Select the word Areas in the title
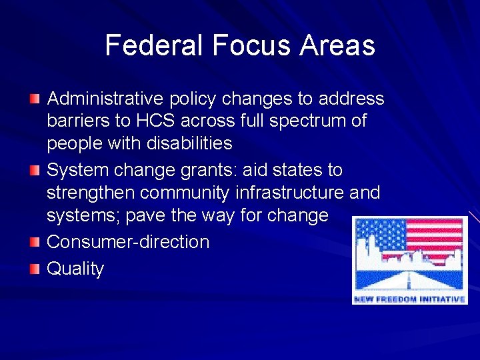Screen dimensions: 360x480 (337, 45)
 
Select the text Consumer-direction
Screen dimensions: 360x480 (128, 241)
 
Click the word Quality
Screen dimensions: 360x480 (75, 269)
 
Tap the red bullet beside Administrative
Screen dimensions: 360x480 (35, 99)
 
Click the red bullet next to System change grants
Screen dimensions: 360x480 (35, 170)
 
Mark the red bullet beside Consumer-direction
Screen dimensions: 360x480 (35, 241)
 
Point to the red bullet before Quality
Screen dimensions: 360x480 (35, 269)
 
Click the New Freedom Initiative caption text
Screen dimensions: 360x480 (409, 299)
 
